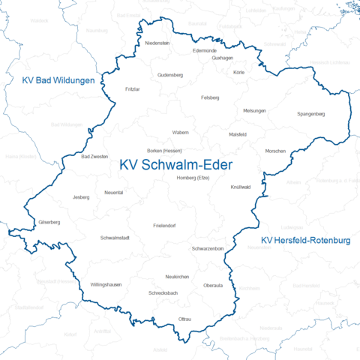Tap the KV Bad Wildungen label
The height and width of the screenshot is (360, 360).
point(58,80)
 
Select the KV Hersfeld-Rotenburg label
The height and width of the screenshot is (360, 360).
point(306,241)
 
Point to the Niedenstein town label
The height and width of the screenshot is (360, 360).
point(157,43)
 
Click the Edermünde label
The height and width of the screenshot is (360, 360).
point(205,49)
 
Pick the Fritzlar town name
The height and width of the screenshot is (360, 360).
point(133,88)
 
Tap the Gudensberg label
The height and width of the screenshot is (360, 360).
point(170,75)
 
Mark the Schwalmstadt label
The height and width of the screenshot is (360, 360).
point(115,238)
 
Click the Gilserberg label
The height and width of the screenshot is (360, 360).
point(49,223)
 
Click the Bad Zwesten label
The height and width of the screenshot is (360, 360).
point(93,157)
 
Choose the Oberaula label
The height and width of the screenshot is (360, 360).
point(214,286)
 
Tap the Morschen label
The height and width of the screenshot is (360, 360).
point(275,151)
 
